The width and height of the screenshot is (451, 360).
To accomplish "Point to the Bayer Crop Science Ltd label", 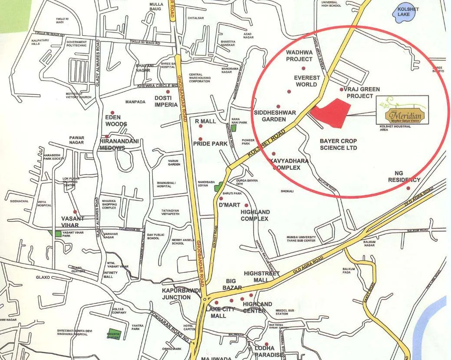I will point(338,144).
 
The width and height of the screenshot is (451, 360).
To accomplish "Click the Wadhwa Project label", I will point(299,56).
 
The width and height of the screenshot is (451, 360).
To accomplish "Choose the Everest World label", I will point(306,81).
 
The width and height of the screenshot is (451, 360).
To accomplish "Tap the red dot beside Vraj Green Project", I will point(342,89).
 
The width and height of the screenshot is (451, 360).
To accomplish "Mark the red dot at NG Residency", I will point(408,188).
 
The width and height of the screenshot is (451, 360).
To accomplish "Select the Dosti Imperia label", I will point(166,101).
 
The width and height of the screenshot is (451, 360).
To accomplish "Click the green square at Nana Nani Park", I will point(234,128).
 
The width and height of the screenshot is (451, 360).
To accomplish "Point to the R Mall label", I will point(205,121).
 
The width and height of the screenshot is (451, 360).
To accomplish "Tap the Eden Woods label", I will point(116,121).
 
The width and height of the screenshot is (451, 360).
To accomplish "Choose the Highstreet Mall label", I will point(262,277).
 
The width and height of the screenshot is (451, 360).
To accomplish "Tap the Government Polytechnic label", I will point(77,44).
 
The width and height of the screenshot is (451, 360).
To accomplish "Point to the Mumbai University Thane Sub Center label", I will point(307,239).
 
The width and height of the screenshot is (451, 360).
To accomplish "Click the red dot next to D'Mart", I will point(221,198).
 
